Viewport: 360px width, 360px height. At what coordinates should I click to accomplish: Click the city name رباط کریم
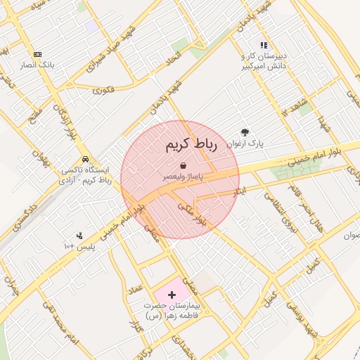click(x=192, y=145)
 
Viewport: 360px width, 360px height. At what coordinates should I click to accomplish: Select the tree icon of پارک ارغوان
click(x=245, y=131)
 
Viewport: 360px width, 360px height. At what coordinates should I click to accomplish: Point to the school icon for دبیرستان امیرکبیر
click(x=264, y=45)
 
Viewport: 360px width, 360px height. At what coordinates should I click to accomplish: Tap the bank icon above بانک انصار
click(x=37, y=54)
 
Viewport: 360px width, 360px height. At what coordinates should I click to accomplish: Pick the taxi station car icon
click(x=85, y=158)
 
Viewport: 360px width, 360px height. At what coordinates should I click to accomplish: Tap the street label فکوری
click(x=103, y=89)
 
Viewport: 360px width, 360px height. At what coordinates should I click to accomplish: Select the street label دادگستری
click(x=20, y=214)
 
